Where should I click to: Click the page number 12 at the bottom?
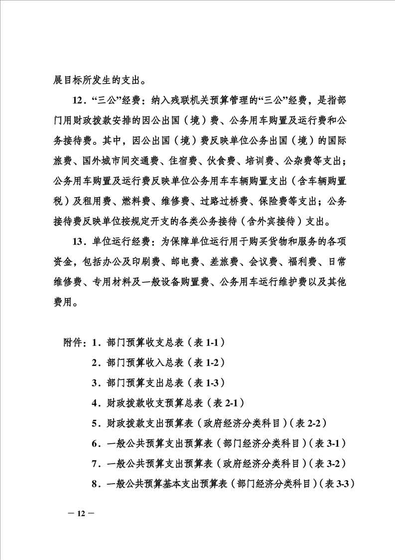[79, 514]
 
